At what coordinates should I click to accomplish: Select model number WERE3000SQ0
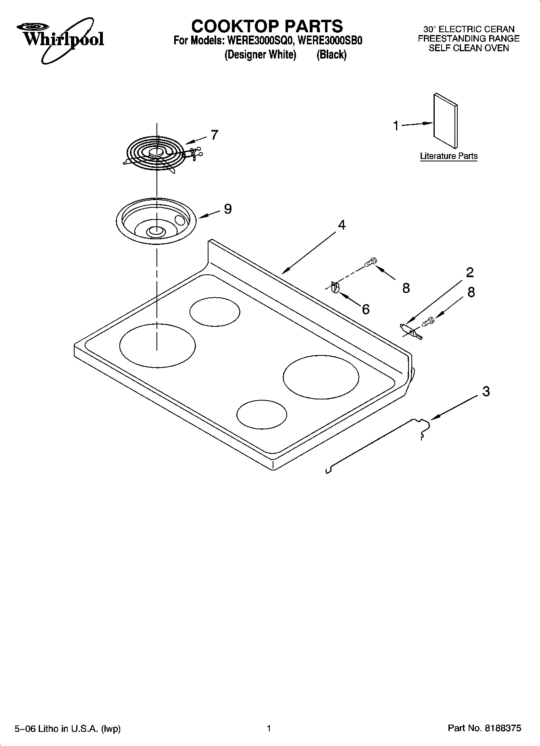click(x=260, y=41)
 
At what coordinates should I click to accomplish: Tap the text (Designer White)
click(x=260, y=54)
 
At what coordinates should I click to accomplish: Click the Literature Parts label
click(x=448, y=156)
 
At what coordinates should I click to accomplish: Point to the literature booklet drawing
click(x=446, y=121)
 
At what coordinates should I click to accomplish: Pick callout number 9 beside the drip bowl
click(x=227, y=209)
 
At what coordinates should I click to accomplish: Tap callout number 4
click(x=342, y=225)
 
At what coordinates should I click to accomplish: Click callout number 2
click(x=470, y=273)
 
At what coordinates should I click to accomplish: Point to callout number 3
click(x=486, y=391)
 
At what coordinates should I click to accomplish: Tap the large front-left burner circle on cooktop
click(x=157, y=345)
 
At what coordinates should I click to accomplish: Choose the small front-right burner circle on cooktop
click(x=262, y=414)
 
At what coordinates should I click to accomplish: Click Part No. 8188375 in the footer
click(x=484, y=729)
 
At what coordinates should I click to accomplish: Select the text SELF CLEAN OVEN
click(x=469, y=48)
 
